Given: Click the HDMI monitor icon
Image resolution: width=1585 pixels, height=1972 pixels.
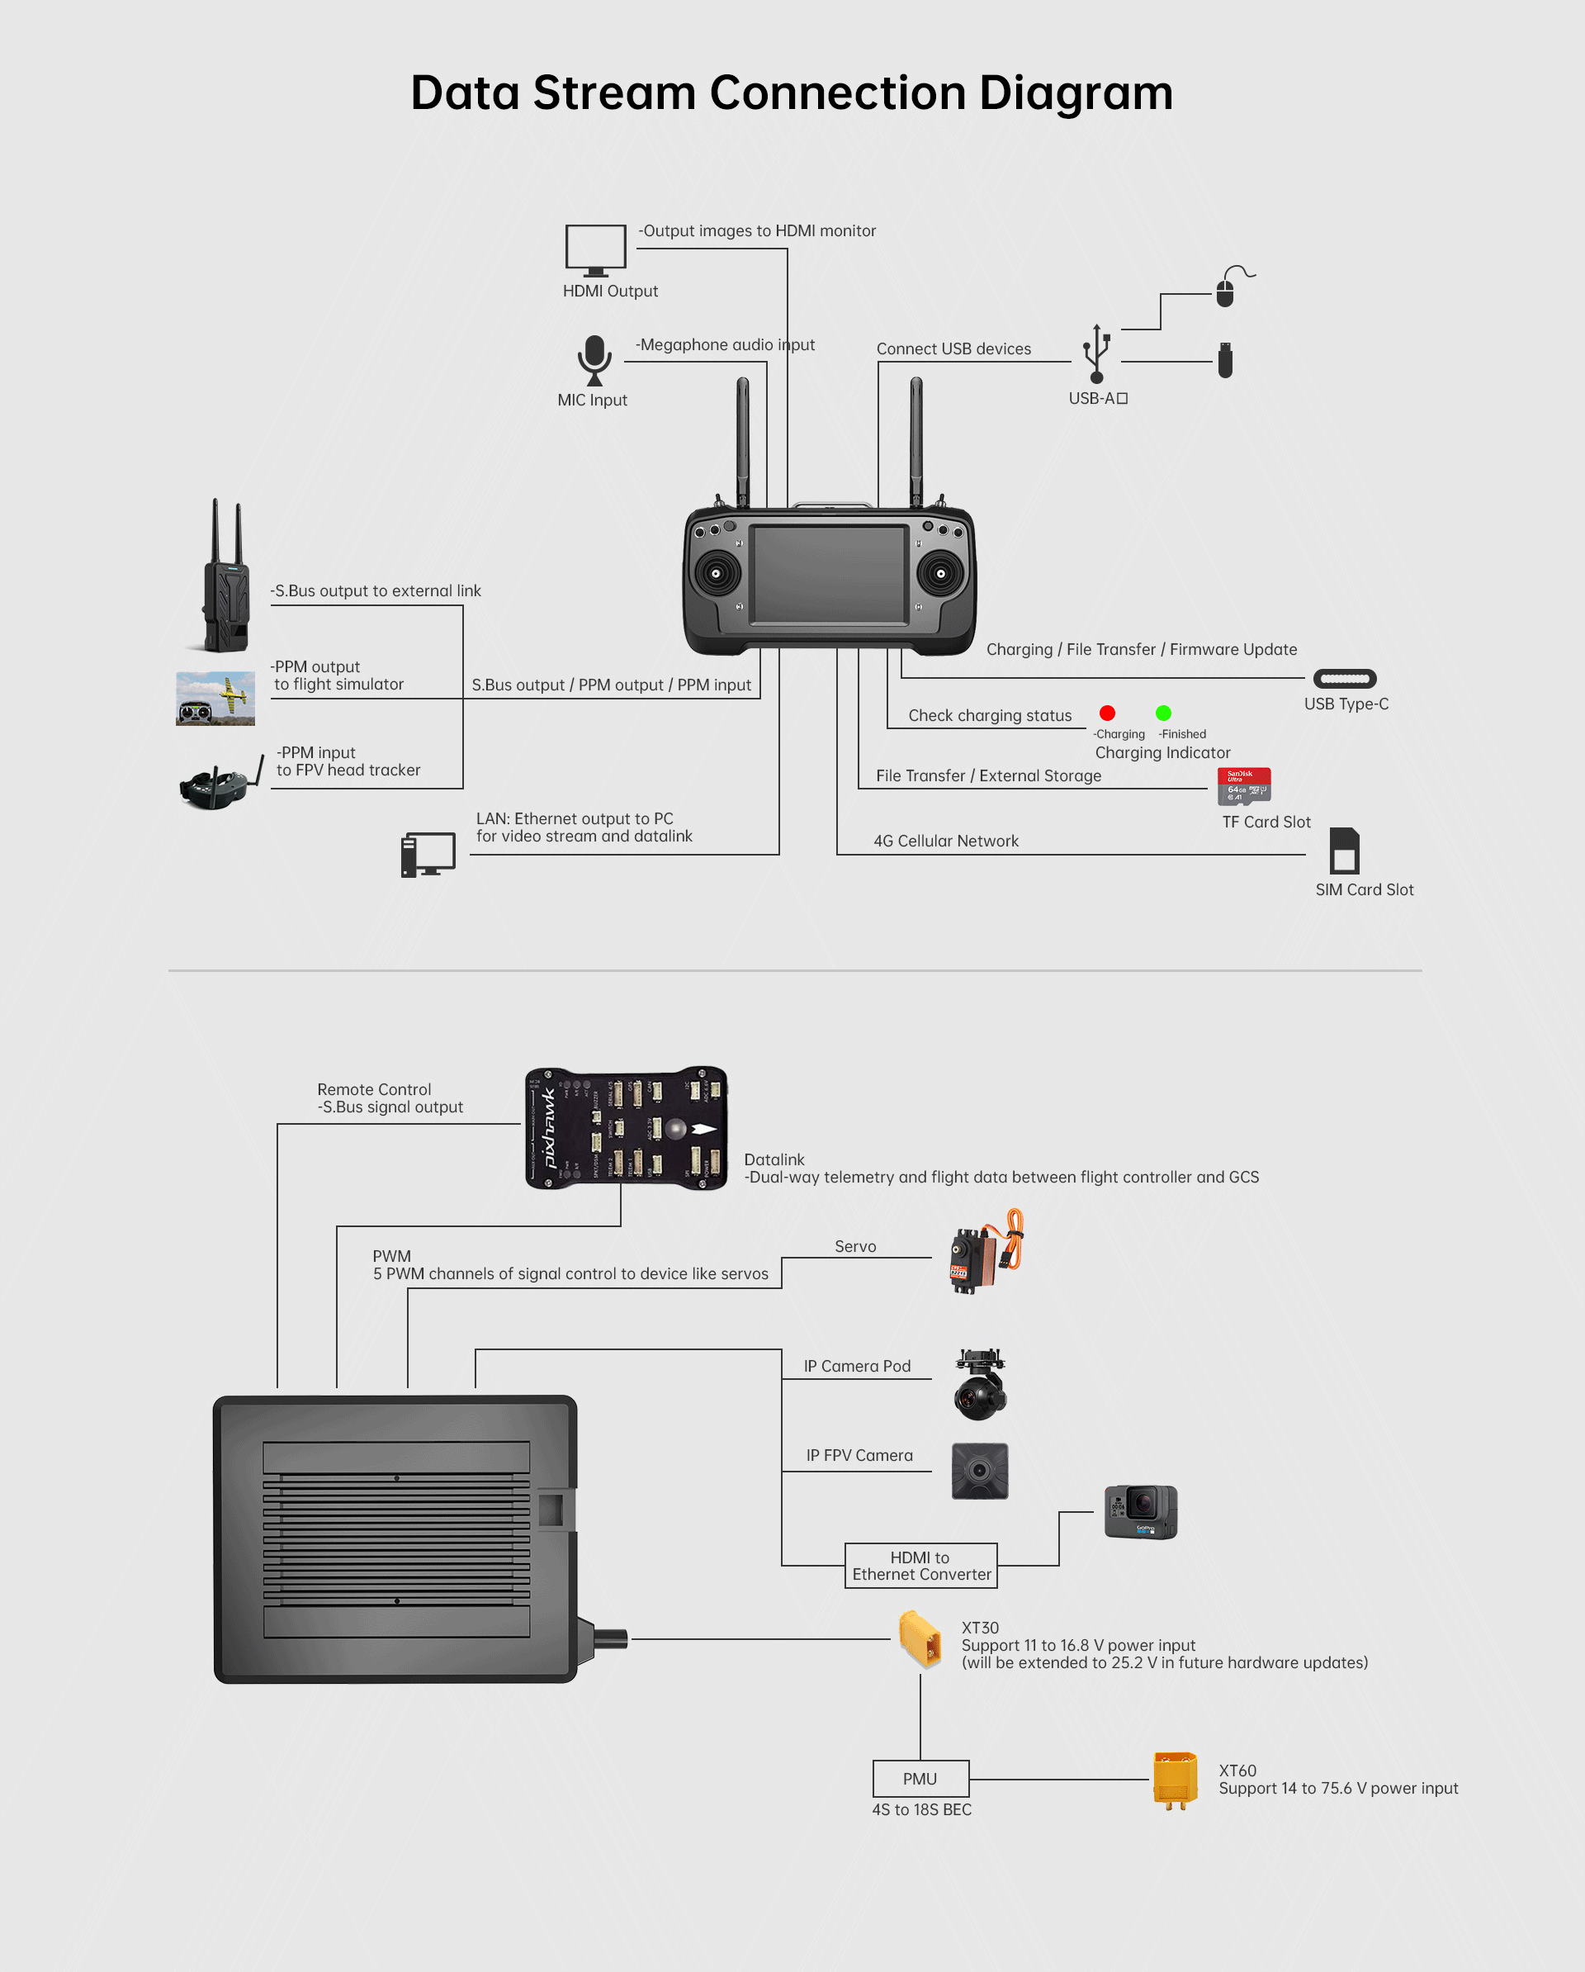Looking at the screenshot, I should [x=595, y=249].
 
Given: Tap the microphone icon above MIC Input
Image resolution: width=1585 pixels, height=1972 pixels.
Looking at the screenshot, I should [x=594, y=358].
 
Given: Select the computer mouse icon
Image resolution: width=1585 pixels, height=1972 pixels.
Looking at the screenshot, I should [x=1226, y=292].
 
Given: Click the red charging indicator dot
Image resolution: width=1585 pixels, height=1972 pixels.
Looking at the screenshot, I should [x=1107, y=713].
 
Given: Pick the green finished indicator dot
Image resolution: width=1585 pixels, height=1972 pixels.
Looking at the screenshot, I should [x=1163, y=713].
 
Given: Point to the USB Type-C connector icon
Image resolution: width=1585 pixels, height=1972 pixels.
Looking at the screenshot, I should [x=1345, y=679].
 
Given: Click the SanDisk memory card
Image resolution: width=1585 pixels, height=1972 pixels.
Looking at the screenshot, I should [x=1244, y=785].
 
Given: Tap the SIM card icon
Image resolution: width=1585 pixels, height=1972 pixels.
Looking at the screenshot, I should [x=1345, y=851].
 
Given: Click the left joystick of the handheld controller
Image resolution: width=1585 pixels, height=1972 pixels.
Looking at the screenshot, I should [x=716, y=573].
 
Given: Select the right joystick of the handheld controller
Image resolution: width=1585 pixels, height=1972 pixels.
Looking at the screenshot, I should [x=940, y=573].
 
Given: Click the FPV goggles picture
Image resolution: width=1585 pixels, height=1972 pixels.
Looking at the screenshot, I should [x=217, y=784].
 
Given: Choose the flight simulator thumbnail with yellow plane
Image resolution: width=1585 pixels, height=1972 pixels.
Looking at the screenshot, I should [x=215, y=699].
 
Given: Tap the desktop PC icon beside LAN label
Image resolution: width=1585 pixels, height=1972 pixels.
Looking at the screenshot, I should [x=428, y=856].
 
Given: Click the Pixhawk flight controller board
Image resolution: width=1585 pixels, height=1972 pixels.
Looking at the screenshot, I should [x=627, y=1128].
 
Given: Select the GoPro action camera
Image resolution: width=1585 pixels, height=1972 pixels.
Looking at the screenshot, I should [x=1141, y=1512].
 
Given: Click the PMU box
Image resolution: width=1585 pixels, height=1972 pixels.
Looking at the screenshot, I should [x=920, y=1779].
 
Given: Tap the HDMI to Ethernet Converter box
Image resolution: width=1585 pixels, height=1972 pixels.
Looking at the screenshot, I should [x=921, y=1566].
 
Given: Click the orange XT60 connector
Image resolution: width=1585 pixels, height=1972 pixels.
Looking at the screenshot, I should [x=1176, y=1779].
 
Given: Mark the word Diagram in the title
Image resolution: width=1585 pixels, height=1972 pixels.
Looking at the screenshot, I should [x=1076, y=93].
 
